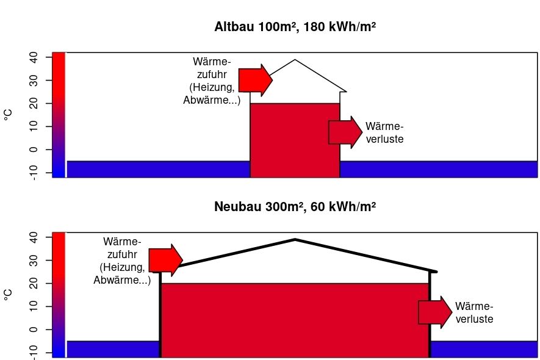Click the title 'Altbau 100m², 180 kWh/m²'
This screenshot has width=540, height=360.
[295, 26]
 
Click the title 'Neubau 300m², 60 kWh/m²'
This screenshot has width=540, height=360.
[295, 207]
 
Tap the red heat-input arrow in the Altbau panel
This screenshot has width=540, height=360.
[256, 80]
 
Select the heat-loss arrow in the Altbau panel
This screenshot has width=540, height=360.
[345, 132]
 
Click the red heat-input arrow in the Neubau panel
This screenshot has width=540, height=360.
[165, 260]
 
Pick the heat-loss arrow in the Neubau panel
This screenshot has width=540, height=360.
[435, 312]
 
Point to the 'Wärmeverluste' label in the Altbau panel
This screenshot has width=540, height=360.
[384, 132]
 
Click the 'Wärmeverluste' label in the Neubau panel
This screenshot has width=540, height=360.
[474, 312]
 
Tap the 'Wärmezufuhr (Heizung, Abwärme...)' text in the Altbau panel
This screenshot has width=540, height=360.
[212, 81]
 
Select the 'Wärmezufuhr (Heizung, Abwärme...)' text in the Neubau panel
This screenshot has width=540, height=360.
[122, 261]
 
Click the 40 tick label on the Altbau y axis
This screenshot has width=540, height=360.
[34, 57]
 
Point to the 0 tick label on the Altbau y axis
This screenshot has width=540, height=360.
[34, 149]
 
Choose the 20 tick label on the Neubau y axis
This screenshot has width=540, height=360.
[34, 284]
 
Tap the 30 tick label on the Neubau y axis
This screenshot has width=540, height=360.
[34, 261]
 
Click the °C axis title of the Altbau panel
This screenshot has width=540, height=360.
[7, 115]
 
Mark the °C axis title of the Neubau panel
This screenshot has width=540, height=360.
[7, 295]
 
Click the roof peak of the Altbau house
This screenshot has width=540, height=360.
[295, 60]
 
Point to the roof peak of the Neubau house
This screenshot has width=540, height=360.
[295, 239]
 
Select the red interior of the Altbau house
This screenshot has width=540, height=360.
[295, 140]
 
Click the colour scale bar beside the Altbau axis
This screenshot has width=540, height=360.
[59, 115]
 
